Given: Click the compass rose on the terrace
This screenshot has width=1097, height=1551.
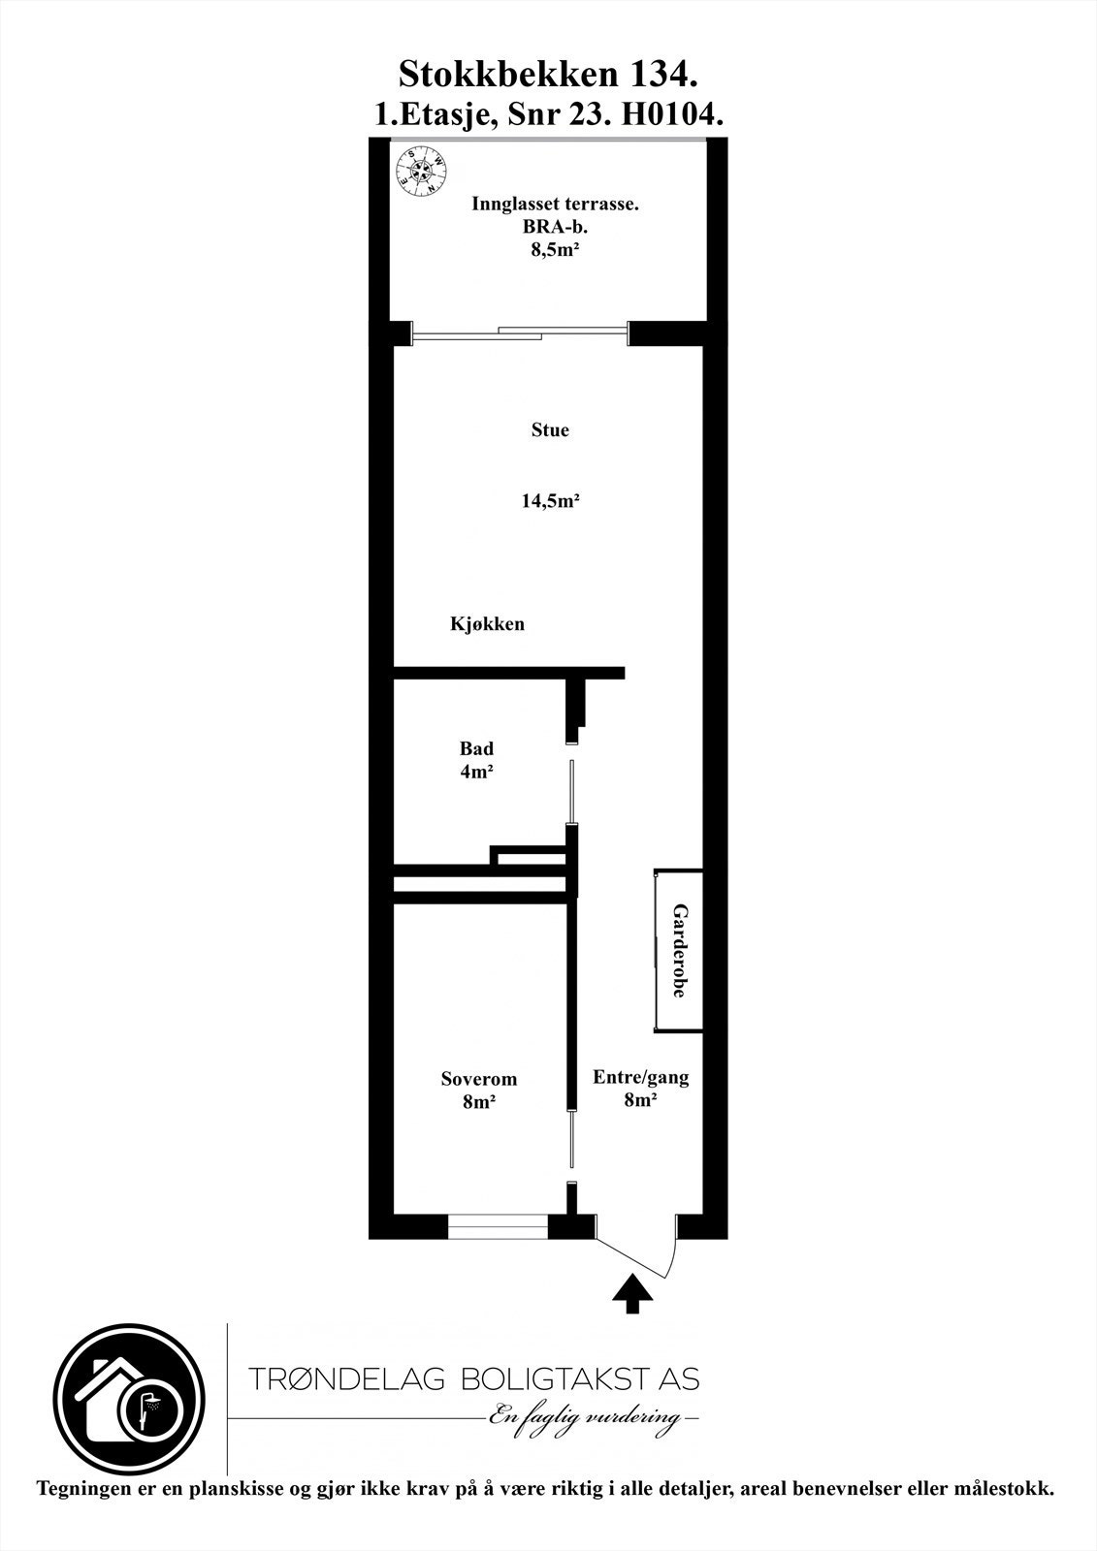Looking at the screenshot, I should (422, 171).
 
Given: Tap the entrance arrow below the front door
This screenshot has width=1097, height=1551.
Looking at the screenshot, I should (632, 1293).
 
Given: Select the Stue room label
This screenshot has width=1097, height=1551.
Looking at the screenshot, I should (550, 430).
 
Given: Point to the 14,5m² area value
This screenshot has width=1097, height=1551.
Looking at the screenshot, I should (550, 501).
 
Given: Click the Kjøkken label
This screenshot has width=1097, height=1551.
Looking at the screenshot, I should (487, 624).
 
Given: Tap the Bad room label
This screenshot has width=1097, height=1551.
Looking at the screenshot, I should (476, 748).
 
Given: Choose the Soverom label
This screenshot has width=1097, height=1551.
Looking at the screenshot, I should (478, 1079).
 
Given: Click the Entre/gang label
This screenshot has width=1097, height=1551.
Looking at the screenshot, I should (640, 1077).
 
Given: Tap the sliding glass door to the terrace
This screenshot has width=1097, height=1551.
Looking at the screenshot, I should (521, 333).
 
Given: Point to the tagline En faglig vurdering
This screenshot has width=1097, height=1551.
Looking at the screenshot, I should (593, 1418).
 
